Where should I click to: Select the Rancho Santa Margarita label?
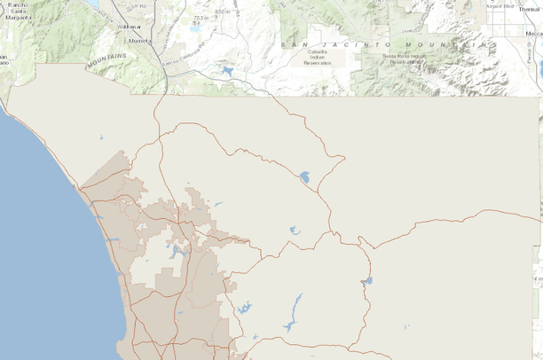19,12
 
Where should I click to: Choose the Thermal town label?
529,9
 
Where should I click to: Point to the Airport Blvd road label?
500,5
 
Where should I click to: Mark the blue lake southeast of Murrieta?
228,70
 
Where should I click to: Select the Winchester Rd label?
169,40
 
